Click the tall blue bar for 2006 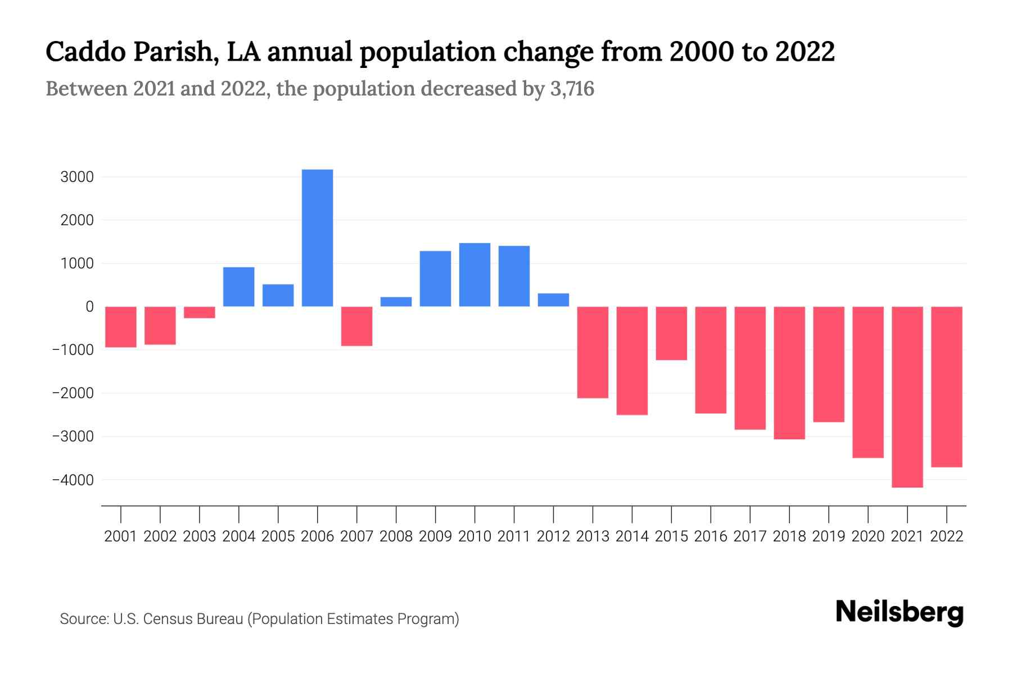(317, 238)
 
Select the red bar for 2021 (907, 397)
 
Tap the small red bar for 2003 (200, 312)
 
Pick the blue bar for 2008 (396, 302)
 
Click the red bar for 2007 (356, 326)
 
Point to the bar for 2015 (671, 333)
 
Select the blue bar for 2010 (475, 275)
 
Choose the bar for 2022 (947, 386)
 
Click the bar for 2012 (553, 300)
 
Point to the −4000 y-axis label (73, 480)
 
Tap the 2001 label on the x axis (121, 536)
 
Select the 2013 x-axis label (593, 536)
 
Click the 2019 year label (829, 536)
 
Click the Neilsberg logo (900, 612)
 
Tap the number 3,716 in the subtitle (571, 89)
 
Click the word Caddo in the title (84, 52)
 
